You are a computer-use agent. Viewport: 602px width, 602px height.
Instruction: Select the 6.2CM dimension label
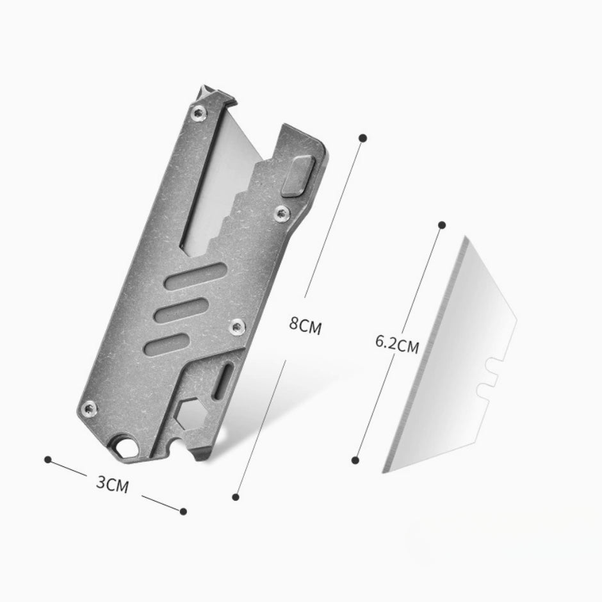(x=397, y=344)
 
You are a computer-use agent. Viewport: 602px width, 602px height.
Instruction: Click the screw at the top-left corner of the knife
(x=199, y=113)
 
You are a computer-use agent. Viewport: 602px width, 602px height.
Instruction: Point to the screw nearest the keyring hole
(x=90, y=408)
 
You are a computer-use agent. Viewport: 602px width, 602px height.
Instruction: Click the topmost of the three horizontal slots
(x=195, y=275)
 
